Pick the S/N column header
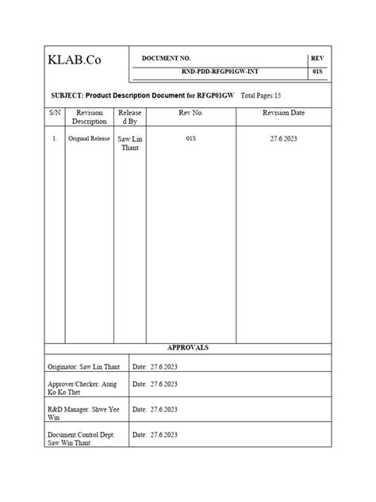click(54, 114)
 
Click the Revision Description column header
click(89, 118)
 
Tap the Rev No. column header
click(191, 114)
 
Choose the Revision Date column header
click(283, 114)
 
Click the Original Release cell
click(88, 139)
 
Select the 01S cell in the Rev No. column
click(191, 138)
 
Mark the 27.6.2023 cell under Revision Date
click(283, 138)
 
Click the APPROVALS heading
click(187, 348)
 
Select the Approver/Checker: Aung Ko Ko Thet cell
click(82, 388)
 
